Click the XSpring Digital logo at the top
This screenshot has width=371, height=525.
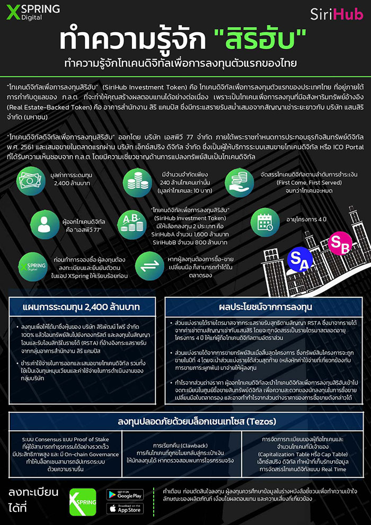33,12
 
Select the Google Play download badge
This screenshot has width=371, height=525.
125,494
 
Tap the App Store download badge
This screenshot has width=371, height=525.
125,509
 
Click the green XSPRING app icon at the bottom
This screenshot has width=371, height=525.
83,502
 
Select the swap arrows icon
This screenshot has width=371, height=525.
148,262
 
